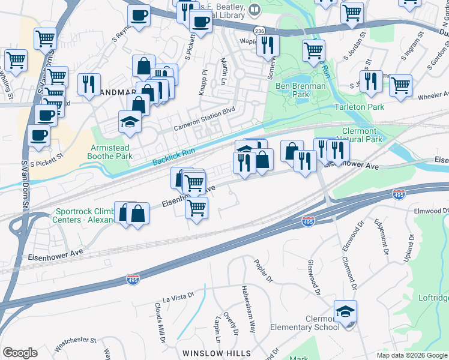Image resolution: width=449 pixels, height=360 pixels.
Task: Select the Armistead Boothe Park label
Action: (110, 152)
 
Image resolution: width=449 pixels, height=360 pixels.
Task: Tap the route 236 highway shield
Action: (259, 31)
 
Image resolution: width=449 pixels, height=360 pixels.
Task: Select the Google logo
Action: (20, 353)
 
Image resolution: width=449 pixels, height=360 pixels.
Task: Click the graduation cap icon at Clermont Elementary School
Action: (346, 311)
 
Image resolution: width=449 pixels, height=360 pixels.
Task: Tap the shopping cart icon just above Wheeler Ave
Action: (400, 85)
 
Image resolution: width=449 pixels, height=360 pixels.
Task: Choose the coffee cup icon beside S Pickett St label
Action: (39, 135)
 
